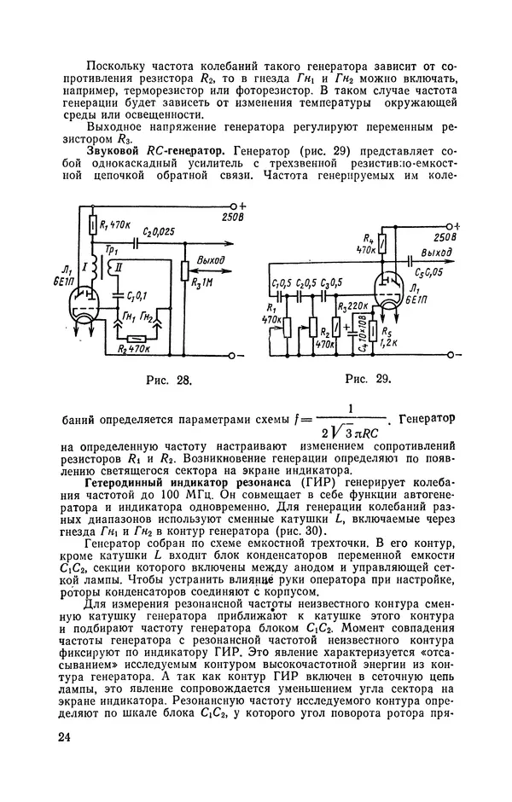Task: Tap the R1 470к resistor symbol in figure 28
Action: point(92,225)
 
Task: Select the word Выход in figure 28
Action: point(211,259)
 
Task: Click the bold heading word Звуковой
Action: point(115,148)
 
